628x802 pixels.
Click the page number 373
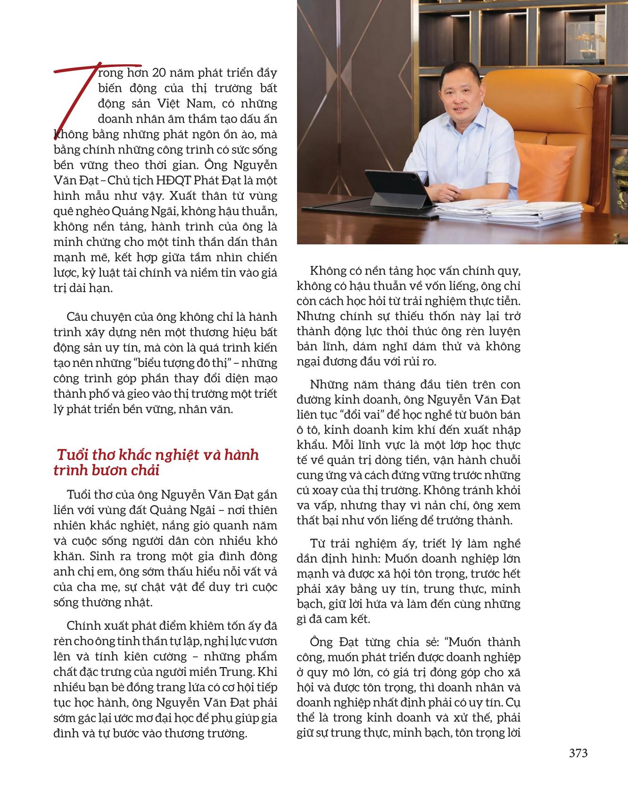[578, 753]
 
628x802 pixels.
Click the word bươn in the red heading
[108, 470]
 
